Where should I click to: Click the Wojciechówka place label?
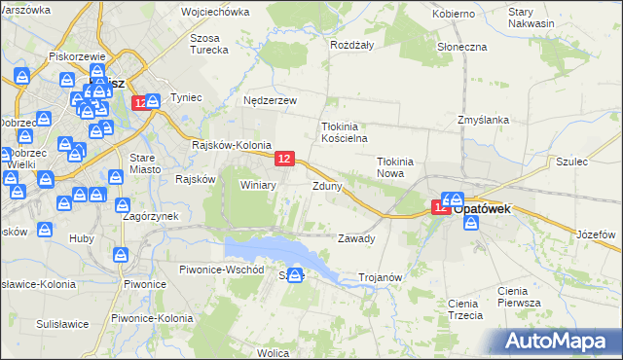pyautogui.click(x=215, y=14)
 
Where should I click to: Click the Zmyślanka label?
pyautogui.click(x=484, y=120)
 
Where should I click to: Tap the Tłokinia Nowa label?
pyautogui.click(x=396, y=167)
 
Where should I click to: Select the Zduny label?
pyautogui.click(x=326, y=185)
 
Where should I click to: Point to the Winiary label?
pyautogui.click(x=259, y=185)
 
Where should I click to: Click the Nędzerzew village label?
pyautogui.click(x=270, y=99)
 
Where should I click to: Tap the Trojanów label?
pyautogui.click(x=381, y=277)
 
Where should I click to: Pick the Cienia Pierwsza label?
pyautogui.click(x=518, y=297)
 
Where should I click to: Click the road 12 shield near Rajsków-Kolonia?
pyautogui.click(x=284, y=158)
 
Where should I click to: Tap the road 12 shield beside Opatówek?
pyautogui.click(x=441, y=206)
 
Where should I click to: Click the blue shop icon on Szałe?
pyautogui.click(x=294, y=276)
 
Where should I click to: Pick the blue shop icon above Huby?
pyautogui.click(x=46, y=229)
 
